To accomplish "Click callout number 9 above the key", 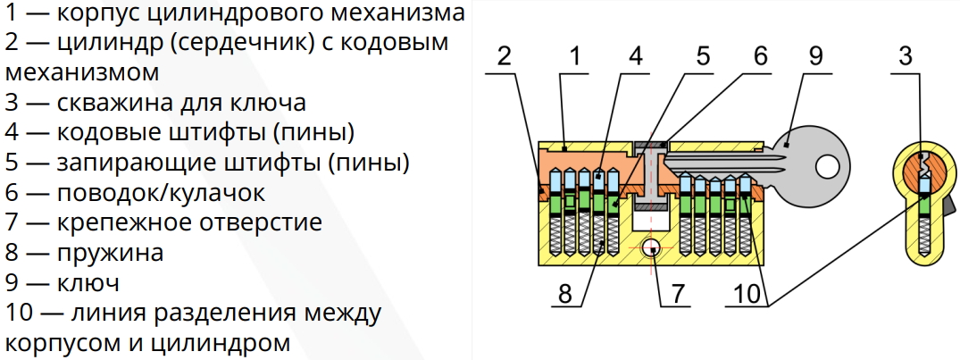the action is tap(815, 56).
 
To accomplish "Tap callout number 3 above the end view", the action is tap(906, 56).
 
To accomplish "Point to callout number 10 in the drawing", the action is tap(747, 295).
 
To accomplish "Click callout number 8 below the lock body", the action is tap(565, 295).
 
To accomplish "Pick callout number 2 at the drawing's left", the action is tap(504, 56).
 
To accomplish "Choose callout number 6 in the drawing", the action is tap(760, 56).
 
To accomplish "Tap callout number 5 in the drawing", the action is tap(702, 56).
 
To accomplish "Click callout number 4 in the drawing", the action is tap(635, 56).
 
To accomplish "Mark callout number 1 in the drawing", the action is tap(573, 56).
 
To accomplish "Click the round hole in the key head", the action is tap(827, 164).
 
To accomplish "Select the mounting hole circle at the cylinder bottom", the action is tap(651, 248).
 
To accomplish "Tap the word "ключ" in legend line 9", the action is tap(88, 283).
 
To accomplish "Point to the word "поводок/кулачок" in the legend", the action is tap(161, 193).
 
